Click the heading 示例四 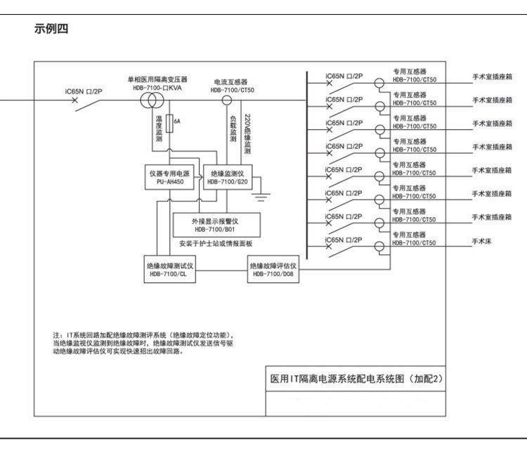coord(51,29)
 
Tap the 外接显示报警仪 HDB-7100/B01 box coord(215,225)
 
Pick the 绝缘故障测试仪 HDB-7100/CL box coord(169,271)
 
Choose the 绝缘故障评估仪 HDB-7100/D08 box coord(274,271)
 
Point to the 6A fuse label coord(177,122)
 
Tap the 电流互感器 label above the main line coord(231,82)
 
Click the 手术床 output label coord(482,241)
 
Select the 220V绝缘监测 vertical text coord(247,133)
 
